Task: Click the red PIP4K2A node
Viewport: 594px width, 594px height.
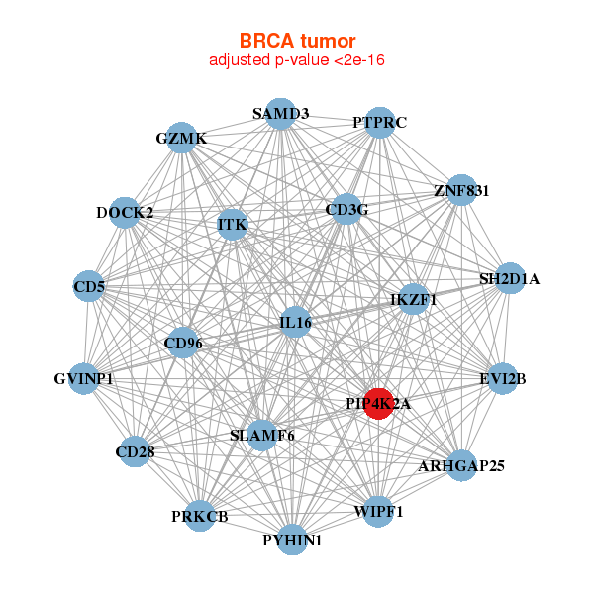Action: pyautogui.click(x=378, y=403)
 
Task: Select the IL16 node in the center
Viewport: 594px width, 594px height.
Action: pyautogui.click(x=296, y=322)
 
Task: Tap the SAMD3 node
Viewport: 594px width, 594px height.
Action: pyautogui.click(x=280, y=114)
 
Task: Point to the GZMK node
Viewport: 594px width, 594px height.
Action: pyautogui.click(x=181, y=139)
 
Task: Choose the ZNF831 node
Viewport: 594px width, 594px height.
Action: pyautogui.click(x=461, y=190)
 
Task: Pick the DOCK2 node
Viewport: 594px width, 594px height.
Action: pyautogui.click(x=125, y=212)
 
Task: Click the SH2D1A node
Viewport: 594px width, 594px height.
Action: pyautogui.click(x=509, y=279)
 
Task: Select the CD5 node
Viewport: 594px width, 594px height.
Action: pyautogui.click(x=89, y=288)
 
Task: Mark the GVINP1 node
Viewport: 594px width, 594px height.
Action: pyautogui.click(x=84, y=379)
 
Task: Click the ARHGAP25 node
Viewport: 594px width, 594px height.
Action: pyautogui.click(x=461, y=464)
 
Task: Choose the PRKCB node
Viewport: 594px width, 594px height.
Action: pyautogui.click(x=199, y=516)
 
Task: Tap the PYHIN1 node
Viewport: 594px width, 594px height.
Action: pyautogui.click(x=292, y=540)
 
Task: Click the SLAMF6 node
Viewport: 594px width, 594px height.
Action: pyautogui.click(x=262, y=435)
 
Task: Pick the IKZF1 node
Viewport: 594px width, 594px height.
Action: pyautogui.click(x=413, y=299)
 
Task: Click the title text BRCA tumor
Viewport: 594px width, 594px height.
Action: pyautogui.click(x=297, y=41)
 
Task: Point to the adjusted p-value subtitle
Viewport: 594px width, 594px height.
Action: pyautogui.click(x=297, y=61)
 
